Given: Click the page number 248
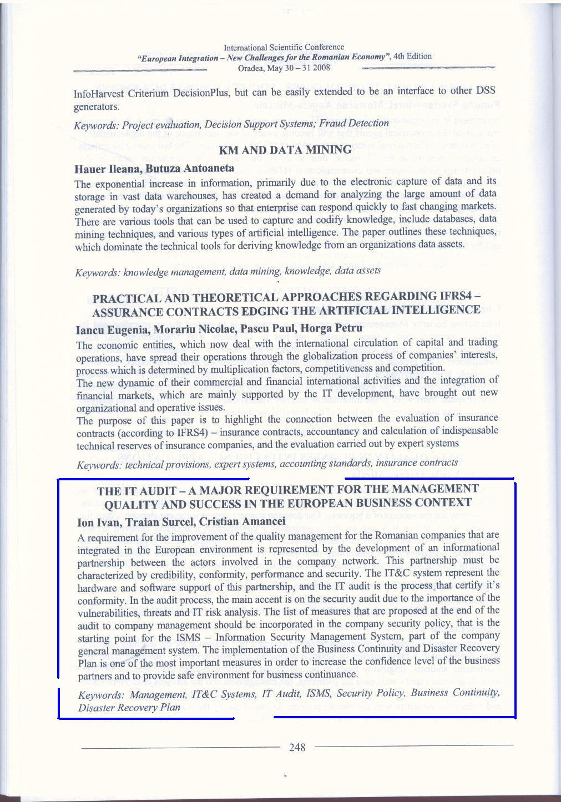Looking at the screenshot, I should [297, 747].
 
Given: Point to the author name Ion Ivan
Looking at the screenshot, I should [97, 522].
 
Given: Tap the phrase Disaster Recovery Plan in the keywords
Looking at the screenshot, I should [129, 707].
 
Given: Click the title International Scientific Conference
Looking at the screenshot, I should [284, 48].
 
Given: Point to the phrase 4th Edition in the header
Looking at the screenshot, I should [413, 56].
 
